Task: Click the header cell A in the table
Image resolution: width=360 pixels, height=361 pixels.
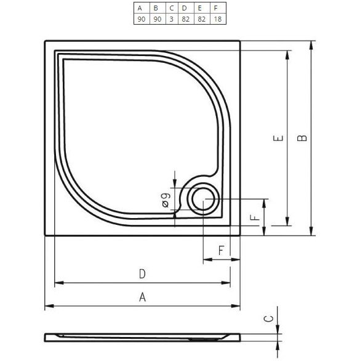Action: [x=141, y=8]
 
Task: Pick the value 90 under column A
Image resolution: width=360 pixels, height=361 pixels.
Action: [x=141, y=19]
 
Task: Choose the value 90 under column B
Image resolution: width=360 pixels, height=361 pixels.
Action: [x=157, y=19]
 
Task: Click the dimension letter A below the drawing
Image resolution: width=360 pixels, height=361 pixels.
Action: [x=143, y=298]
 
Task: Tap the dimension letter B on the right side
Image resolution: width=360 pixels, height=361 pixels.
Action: [x=302, y=139]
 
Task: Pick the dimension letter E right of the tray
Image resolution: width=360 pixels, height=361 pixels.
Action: [x=278, y=139]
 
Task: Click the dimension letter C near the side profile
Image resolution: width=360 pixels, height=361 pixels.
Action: [x=267, y=319]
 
